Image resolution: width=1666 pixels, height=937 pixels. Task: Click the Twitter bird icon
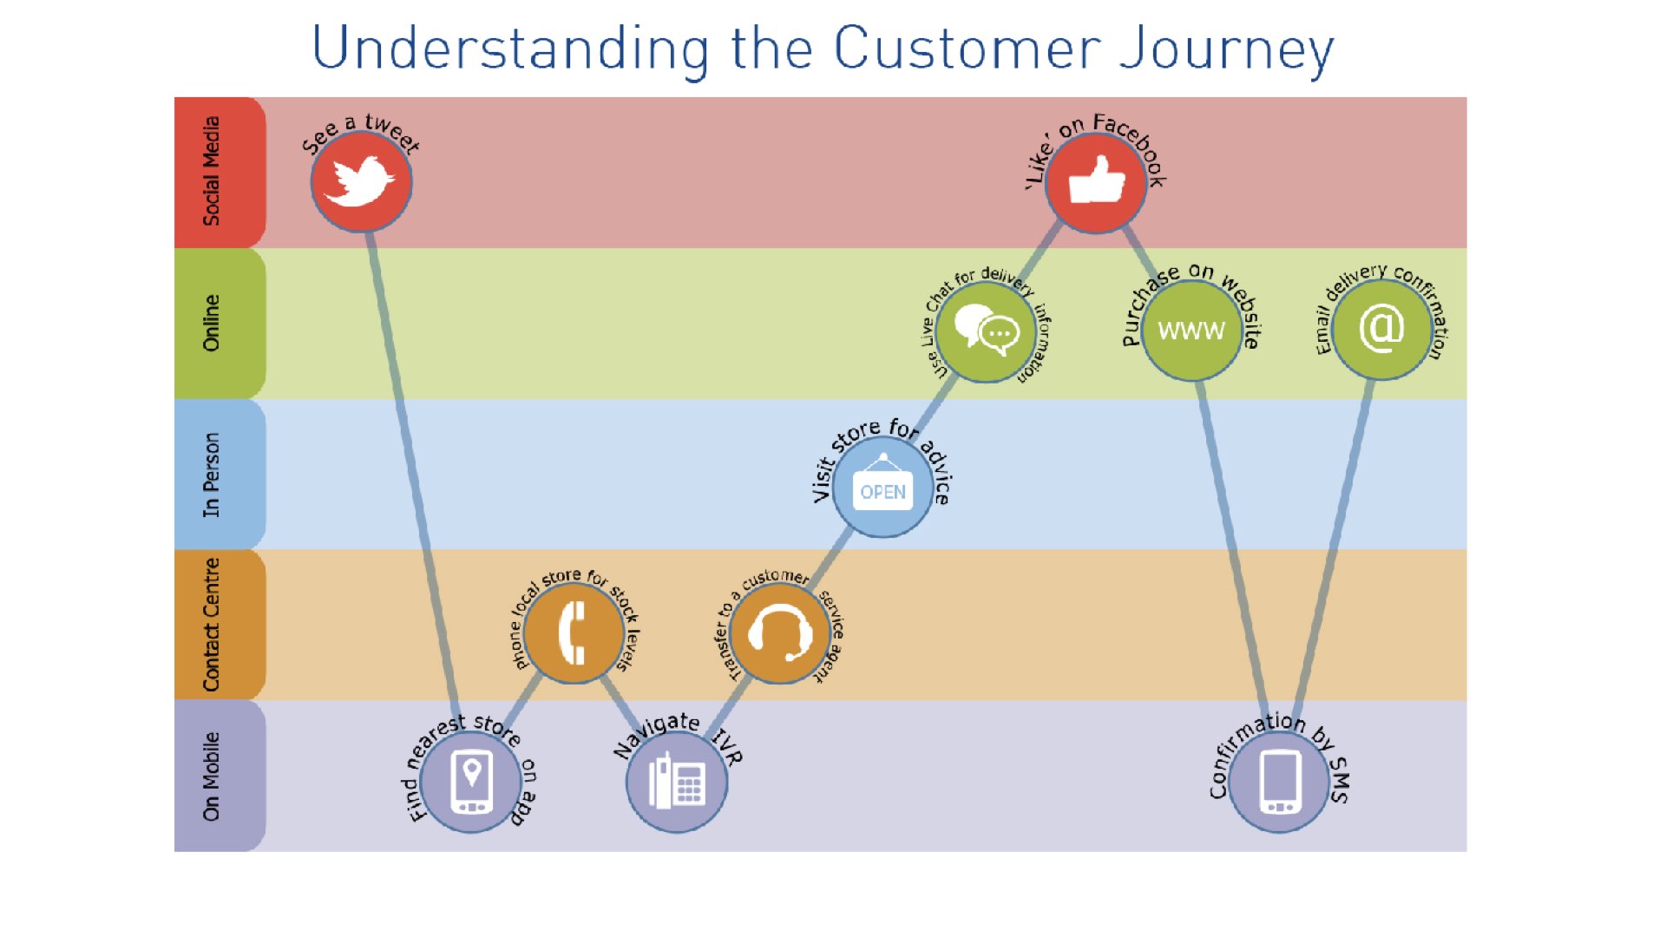pos(359,182)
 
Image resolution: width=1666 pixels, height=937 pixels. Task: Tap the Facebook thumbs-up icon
pos(1097,180)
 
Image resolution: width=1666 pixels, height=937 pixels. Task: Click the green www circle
pos(1191,330)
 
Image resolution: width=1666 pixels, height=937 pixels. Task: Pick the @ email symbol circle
pos(1381,329)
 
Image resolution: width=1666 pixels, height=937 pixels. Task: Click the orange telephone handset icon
pos(573,632)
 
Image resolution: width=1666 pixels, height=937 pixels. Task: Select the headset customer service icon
pos(780,632)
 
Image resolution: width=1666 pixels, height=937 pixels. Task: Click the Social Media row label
pos(211,172)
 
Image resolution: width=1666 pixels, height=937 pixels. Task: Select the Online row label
pos(211,323)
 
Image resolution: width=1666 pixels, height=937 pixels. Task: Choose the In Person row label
pos(211,475)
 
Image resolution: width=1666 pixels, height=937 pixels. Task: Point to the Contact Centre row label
pos(211,625)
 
